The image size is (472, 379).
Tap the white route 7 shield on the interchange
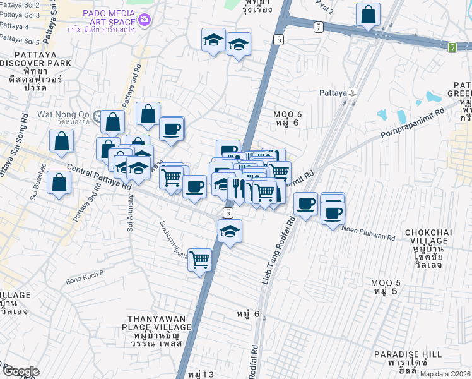[319, 27]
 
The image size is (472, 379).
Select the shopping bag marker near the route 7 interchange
[368, 14]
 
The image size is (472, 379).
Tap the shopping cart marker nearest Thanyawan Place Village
[200, 259]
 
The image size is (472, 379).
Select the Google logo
[20, 371]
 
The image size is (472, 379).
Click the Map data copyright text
[444, 374]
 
